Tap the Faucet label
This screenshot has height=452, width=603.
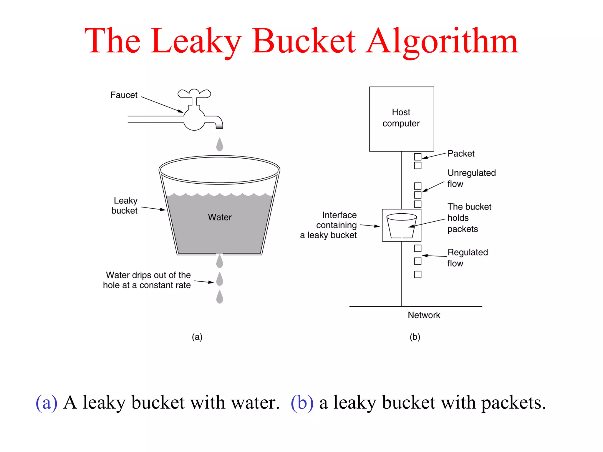(x=124, y=95)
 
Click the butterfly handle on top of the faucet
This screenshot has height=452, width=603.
(x=194, y=94)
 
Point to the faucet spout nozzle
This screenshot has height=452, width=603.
(x=219, y=126)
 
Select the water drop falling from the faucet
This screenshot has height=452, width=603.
(x=220, y=145)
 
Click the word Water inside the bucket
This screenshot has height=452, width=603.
(x=220, y=217)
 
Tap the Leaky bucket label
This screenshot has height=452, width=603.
(x=125, y=206)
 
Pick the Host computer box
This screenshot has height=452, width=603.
(x=401, y=119)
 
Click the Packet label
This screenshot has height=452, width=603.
(x=461, y=154)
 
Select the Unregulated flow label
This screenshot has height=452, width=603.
(x=471, y=178)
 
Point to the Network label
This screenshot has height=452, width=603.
(x=424, y=315)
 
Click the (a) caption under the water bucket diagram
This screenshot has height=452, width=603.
(x=197, y=337)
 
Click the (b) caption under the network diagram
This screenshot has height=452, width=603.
(x=415, y=337)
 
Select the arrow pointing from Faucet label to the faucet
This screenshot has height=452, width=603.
(x=162, y=104)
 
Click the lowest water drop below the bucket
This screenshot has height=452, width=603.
(x=220, y=297)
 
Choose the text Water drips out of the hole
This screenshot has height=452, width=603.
(x=147, y=280)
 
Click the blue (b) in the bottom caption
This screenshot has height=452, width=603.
(x=302, y=403)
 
